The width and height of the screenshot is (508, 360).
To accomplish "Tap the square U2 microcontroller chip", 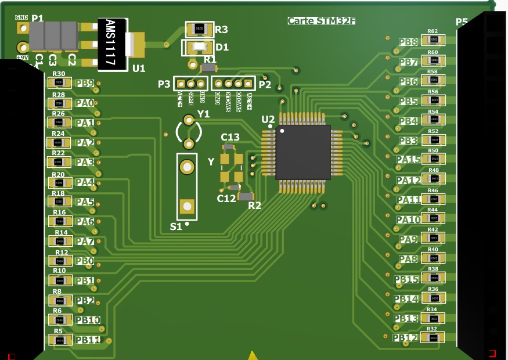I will click(x=303, y=152).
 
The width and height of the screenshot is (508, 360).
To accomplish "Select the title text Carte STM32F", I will click(x=321, y=21).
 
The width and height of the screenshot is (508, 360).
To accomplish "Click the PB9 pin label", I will click(x=85, y=84).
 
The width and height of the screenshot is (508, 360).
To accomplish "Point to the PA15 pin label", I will click(x=409, y=160).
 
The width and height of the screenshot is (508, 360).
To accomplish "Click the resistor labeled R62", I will click(x=433, y=40).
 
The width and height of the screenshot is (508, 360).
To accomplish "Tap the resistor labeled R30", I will click(x=59, y=83).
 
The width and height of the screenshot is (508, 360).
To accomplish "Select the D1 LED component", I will click(x=199, y=47).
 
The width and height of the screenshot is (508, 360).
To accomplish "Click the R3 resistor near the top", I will click(x=199, y=28).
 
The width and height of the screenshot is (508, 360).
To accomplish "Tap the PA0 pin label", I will click(x=85, y=103).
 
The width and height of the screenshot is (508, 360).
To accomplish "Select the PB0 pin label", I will click(x=85, y=261).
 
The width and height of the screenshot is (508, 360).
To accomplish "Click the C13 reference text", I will click(x=230, y=137).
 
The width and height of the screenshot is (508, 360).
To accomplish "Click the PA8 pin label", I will click(x=408, y=260).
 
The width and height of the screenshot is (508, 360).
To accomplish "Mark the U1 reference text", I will click(x=139, y=69).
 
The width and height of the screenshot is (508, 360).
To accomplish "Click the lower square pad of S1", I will click(x=186, y=206).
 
